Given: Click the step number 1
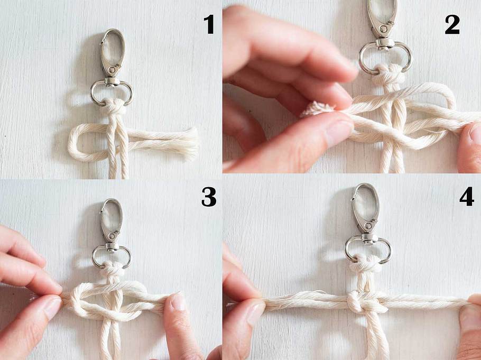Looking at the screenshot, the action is point(209,24).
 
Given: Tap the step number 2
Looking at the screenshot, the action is point(452,24).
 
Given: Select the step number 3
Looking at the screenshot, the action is point(209,197).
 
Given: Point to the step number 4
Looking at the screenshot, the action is point(467,197).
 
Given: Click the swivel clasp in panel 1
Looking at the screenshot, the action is point(112,66).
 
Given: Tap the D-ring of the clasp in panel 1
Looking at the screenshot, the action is point(112,92).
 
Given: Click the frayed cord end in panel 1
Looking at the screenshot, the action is point(190,143).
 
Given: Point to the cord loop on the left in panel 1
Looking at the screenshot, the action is point(77,143).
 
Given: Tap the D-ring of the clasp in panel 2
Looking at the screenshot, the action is point(385,57).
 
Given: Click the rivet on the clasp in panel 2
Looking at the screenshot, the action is point(383,29).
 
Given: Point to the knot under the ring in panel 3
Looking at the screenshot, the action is point(112,269).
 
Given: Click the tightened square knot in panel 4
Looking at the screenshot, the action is point(367,302).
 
